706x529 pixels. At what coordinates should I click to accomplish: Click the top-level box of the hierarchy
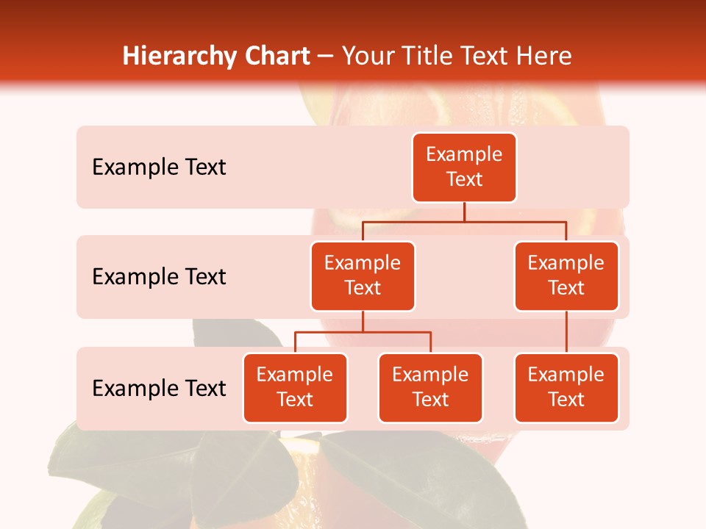464,167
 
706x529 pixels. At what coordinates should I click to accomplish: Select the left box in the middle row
363,276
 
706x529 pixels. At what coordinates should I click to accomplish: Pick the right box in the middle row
566,276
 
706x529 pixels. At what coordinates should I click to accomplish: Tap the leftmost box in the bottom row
295,387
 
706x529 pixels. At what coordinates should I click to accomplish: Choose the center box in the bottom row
430,387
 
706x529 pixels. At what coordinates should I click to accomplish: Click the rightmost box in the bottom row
566,387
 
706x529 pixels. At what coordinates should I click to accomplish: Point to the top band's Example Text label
159,168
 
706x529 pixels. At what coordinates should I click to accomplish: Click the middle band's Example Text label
159,277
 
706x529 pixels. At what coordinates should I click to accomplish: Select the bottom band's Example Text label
159,388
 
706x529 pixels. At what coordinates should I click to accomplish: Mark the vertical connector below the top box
464,212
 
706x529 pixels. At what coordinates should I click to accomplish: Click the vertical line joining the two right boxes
566,332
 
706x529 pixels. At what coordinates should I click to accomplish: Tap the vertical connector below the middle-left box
363,321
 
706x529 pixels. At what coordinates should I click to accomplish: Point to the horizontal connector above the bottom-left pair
363,332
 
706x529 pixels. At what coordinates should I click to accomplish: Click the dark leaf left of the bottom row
221,334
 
